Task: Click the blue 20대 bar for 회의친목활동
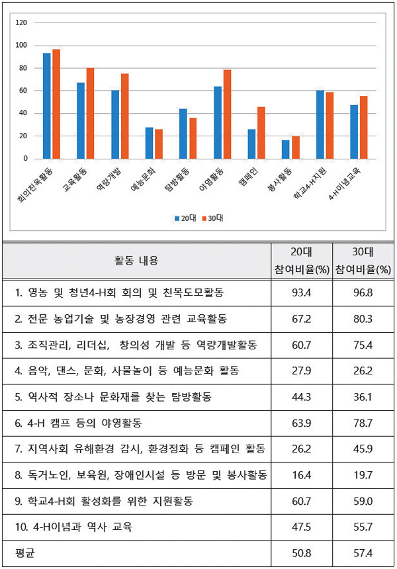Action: pyautogui.click(x=47, y=106)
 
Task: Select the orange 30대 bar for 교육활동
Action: pyautogui.click(x=90, y=113)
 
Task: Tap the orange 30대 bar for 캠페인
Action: pyautogui.click(x=261, y=132)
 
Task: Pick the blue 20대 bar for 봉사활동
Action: pyautogui.click(x=286, y=150)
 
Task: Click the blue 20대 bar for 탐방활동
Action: pyautogui.click(x=183, y=134)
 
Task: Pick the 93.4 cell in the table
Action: pyautogui.click(x=302, y=292)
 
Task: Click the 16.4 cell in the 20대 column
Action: pyautogui.click(x=302, y=475)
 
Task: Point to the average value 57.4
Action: pyautogui.click(x=362, y=552)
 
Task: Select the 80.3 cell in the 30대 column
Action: pyautogui.click(x=362, y=319)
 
